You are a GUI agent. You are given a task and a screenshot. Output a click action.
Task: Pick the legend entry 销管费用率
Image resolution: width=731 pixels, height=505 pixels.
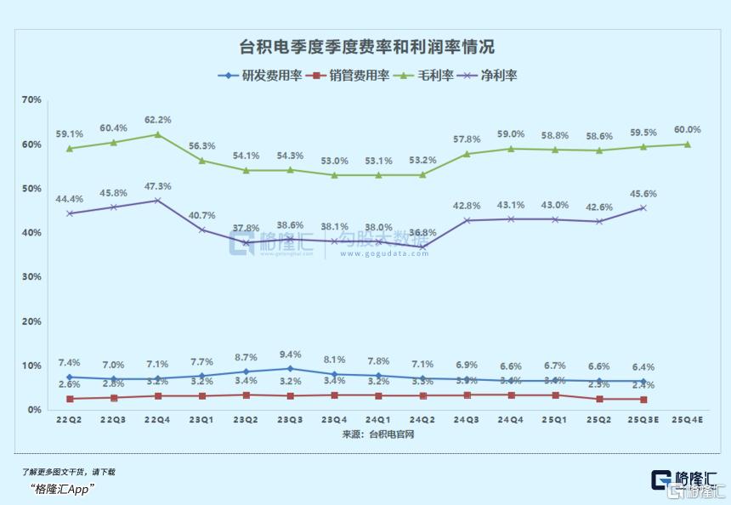348,75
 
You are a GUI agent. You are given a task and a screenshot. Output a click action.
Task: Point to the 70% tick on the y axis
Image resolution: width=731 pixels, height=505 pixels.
31,100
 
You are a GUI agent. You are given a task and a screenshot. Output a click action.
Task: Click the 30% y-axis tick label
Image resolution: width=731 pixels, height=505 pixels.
31,277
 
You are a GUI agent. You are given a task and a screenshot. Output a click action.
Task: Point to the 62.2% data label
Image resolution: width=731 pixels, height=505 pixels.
158,120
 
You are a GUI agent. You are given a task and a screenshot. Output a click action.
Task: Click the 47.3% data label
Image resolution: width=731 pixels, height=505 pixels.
158,186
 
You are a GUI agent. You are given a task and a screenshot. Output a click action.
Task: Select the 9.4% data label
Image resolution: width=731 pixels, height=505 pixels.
291,355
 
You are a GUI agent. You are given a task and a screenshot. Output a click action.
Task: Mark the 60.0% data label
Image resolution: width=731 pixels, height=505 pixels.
688,129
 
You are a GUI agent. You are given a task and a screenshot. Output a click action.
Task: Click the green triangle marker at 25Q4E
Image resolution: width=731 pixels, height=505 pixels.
688,145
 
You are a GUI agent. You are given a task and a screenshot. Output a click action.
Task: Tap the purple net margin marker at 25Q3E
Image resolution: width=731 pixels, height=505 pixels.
643,207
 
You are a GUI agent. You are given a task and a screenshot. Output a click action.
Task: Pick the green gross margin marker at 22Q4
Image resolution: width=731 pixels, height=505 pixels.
158,134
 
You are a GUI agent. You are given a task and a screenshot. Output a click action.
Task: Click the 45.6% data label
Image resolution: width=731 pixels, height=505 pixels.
643,194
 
